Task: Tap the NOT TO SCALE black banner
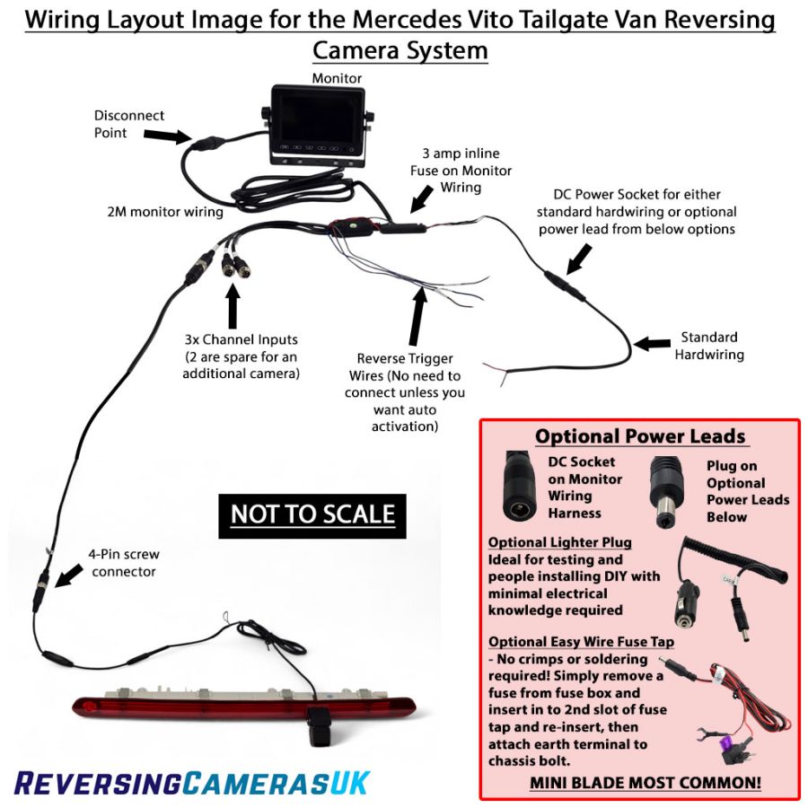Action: (312, 516)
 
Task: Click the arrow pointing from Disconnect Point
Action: (168, 136)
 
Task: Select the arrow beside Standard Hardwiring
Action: (652, 343)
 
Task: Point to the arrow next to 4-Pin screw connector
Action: (69, 575)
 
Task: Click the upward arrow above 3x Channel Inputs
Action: (233, 306)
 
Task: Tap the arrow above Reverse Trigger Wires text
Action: (417, 316)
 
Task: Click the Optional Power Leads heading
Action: (640, 436)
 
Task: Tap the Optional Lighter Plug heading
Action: (559, 542)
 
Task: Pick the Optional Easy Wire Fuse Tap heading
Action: (581, 642)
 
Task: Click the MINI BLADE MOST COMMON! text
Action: (646, 783)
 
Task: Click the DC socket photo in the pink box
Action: (521, 487)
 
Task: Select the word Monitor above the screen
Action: (337, 78)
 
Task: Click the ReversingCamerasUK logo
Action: (192, 783)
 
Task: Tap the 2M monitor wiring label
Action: (165, 212)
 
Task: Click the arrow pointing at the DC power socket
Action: (579, 259)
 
